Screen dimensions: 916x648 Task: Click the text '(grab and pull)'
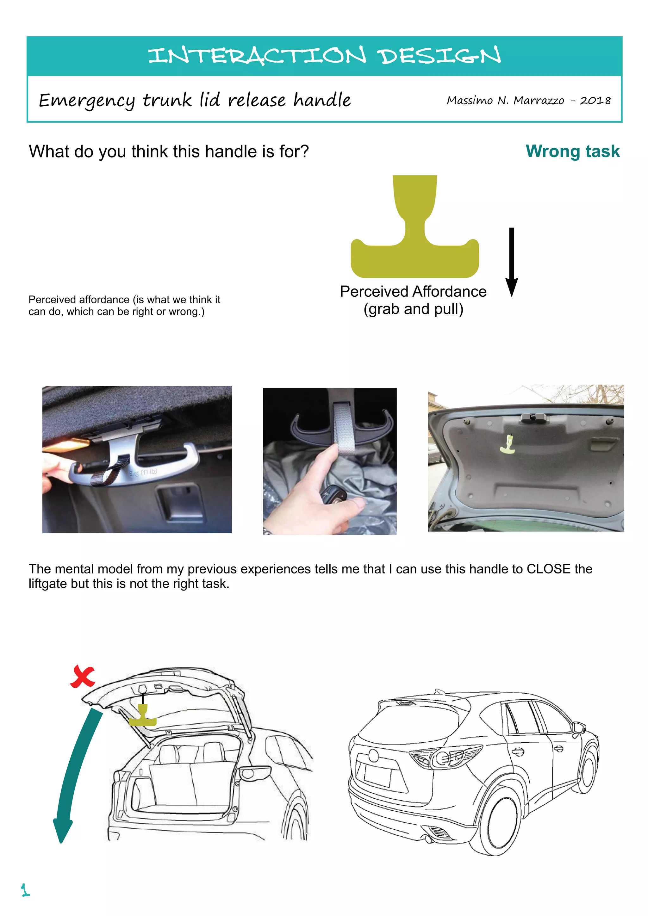[x=413, y=309]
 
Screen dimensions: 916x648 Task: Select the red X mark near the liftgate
[x=83, y=677]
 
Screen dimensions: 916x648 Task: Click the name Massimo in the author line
[x=469, y=101]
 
